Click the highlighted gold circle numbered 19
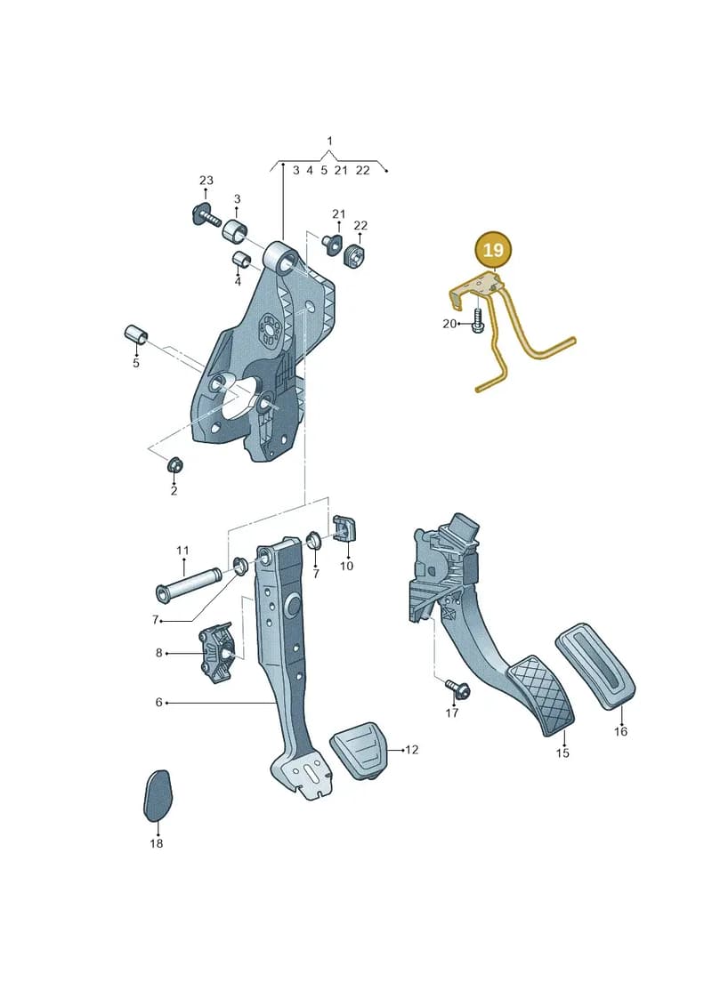[493, 249]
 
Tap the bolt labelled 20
[477, 320]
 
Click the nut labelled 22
[354, 254]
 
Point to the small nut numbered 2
[174, 464]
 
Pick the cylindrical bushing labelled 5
[135, 334]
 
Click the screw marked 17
[457, 689]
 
